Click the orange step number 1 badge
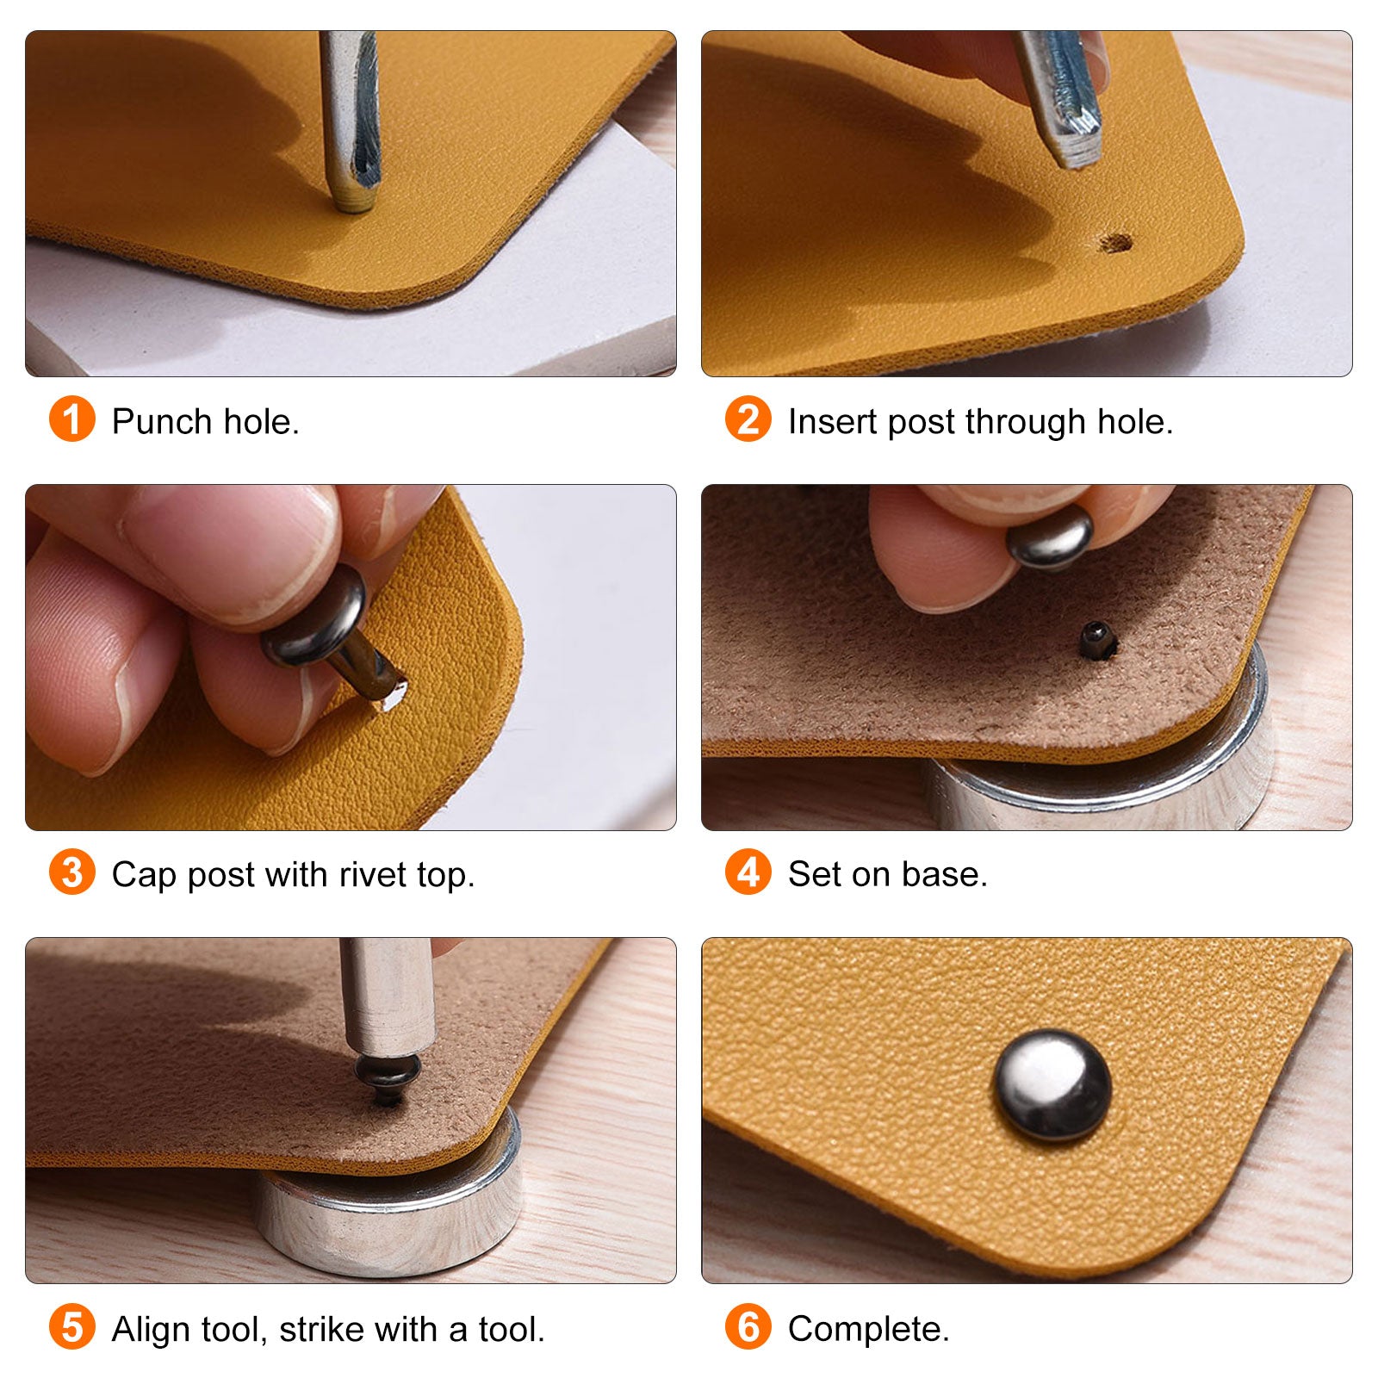pyautogui.click(x=72, y=419)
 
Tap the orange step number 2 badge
pyautogui.click(x=748, y=419)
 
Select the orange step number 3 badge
pyautogui.click(x=72, y=872)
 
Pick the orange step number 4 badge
pyautogui.click(x=748, y=872)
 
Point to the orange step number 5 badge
pyautogui.click(x=72, y=1327)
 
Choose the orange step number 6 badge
pyautogui.click(x=748, y=1327)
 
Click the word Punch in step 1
pyautogui.click(x=162, y=422)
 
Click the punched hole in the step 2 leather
pyautogui.click(x=1117, y=242)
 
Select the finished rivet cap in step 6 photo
pyautogui.click(x=1052, y=1086)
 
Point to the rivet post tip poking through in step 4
pyautogui.click(x=1097, y=641)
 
